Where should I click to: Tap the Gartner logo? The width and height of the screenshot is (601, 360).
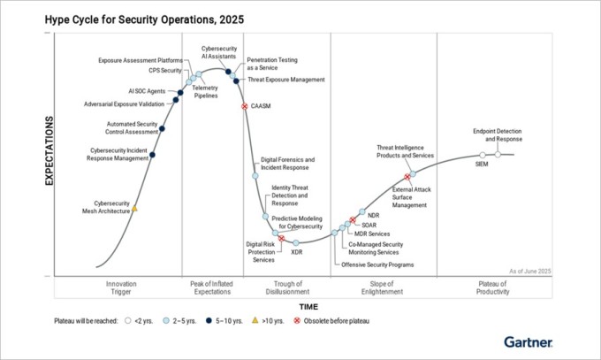[x=528, y=341]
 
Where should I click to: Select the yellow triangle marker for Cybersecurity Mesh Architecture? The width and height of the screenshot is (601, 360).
[x=134, y=210]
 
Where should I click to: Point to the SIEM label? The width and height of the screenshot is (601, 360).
[x=481, y=165]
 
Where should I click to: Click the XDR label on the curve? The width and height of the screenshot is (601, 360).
[x=297, y=252]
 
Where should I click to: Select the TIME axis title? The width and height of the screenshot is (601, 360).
[x=308, y=306]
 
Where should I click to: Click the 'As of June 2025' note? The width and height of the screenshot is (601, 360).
[x=530, y=270]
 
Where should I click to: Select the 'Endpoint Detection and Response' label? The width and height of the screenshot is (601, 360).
[x=497, y=134]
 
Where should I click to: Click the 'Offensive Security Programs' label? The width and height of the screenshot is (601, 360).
[x=377, y=264]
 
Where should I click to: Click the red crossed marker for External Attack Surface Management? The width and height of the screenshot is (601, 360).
[x=407, y=178]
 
